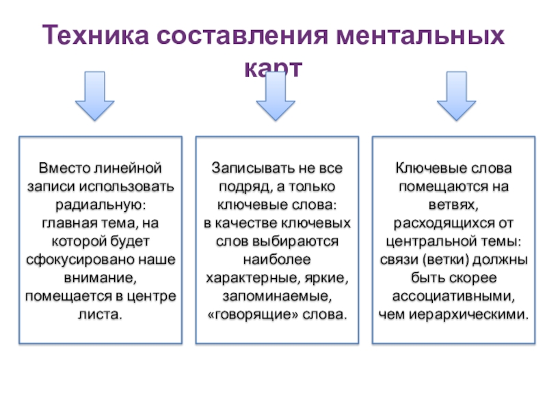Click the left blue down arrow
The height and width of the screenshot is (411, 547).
[94, 96]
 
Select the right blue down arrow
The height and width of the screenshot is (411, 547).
[456, 96]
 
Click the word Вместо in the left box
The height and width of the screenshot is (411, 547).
[59, 168]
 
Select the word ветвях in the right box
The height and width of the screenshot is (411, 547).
[454, 205]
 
